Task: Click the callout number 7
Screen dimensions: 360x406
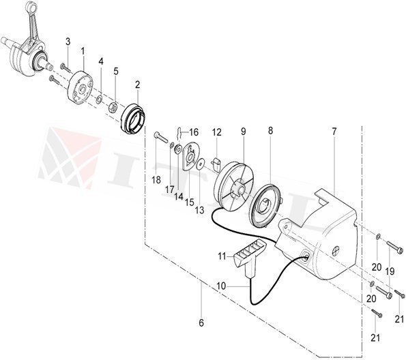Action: tap(334, 130)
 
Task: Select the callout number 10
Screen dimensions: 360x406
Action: tap(222, 287)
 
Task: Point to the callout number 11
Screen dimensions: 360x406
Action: tap(221, 256)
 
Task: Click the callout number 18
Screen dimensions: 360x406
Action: tap(156, 180)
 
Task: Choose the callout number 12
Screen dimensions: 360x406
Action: tap(216, 131)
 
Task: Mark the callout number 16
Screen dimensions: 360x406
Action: tap(194, 132)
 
